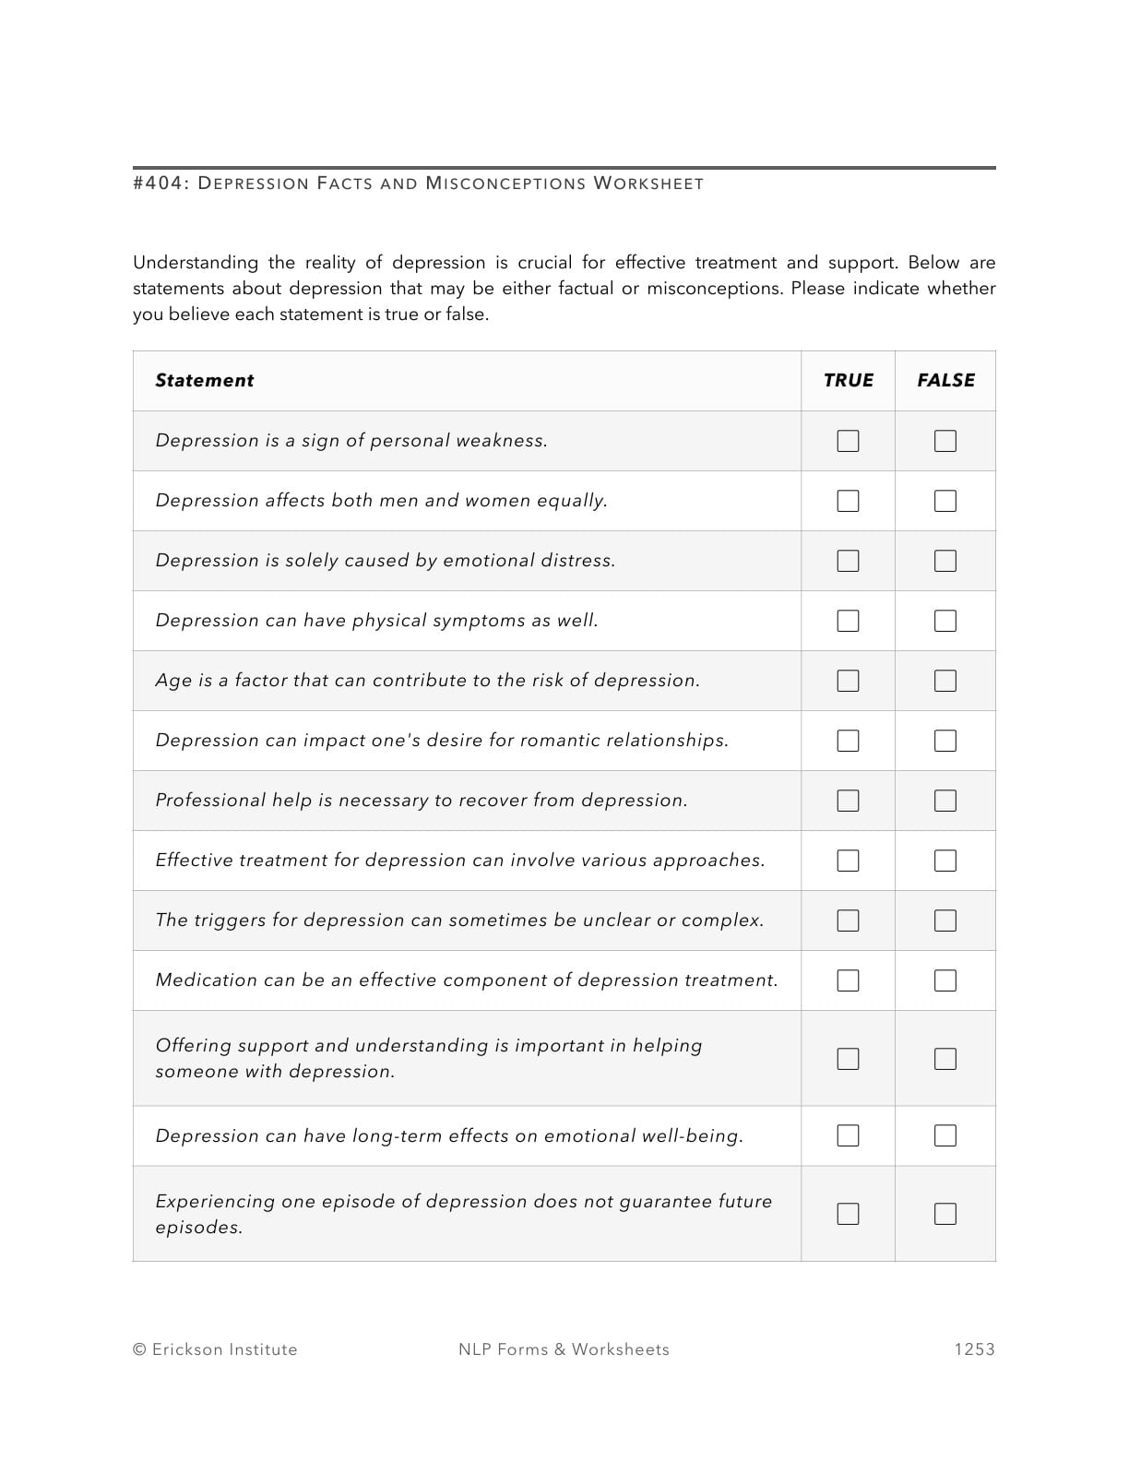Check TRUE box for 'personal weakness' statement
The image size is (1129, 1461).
click(x=848, y=441)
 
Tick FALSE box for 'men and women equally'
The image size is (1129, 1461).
click(x=945, y=501)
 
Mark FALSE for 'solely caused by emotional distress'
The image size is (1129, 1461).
click(x=945, y=561)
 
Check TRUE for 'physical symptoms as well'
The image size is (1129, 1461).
click(x=848, y=621)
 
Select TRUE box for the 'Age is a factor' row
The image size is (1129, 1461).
click(x=848, y=681)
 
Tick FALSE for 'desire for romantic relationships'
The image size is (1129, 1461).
click(x=945, y=741)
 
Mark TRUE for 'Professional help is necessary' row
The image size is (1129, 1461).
click(x=848, y=801)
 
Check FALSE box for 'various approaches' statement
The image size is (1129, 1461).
click(x=945, y=861)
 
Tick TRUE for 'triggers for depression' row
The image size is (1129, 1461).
click(x=848, y=921)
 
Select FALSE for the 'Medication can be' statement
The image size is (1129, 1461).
click(x=945, y=980)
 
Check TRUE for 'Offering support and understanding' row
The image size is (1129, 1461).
click(x=848, y=1058)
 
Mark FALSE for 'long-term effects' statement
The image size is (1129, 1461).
click(x=945, y=1135)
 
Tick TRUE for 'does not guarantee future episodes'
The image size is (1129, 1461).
click(x=848, y=1214)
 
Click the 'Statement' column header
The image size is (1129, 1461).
click(x=204, y=380)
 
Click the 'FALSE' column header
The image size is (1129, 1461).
click(x=945, y=380)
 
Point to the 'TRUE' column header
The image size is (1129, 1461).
click(x=848, y=380)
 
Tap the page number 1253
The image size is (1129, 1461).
click(x=974, y=1349)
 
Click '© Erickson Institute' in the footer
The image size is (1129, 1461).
click(x=215, y=1349)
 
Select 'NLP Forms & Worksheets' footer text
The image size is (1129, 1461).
click(x=564, y=1349)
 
